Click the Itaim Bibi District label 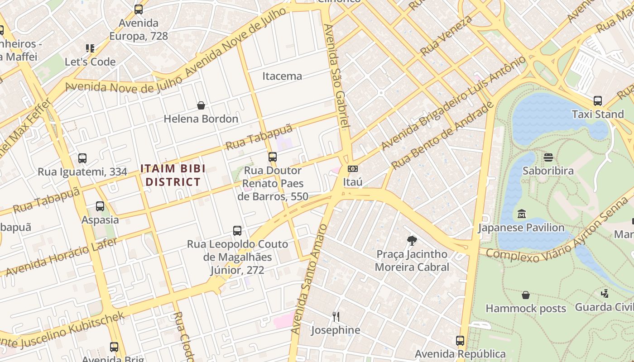[173, 175]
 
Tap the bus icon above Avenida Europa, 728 [139, 9]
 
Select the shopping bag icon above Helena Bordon [201, 106]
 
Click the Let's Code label [90, 62]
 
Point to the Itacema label [282, 76]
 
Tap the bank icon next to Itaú [352, 169]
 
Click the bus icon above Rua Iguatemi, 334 [82, 158]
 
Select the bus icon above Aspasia [100, 206]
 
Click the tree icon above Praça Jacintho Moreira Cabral [412, 240]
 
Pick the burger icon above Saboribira [548, 157]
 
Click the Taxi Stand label [598, 114]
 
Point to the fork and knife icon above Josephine [336, 316]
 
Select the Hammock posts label [526, 309]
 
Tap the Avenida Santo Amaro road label [309, 278]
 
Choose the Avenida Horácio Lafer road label [61, 257]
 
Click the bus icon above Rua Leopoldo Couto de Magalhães [237, 231]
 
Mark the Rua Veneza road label [447, 35]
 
